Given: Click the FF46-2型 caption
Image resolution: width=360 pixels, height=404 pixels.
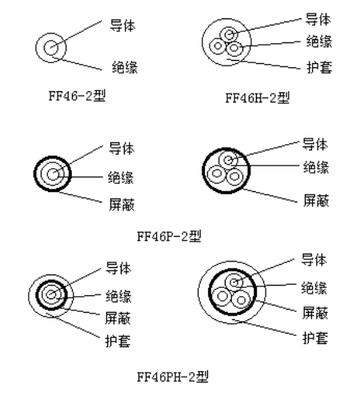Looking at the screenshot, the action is click(x=77, y=95).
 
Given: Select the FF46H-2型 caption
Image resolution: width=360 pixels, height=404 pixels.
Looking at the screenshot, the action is click(x=258, y=98).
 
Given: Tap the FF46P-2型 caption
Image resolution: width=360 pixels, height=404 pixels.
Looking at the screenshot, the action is click(x=169, y=236).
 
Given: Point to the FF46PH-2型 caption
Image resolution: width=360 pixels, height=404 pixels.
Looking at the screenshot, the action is click(x=173, y=377).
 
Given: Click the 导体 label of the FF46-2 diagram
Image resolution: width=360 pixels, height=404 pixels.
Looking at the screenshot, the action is click(x=122, y=26).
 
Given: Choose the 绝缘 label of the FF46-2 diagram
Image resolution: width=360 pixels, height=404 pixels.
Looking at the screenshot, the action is click(x=125, y=67).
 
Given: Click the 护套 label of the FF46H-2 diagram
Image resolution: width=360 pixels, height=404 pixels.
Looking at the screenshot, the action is click(x=319, y=67).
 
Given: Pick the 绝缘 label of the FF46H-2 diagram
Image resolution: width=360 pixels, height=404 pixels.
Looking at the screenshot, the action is click(x=319, y=42).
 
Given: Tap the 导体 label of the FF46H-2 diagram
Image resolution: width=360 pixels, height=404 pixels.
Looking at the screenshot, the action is click(x=318, y=19).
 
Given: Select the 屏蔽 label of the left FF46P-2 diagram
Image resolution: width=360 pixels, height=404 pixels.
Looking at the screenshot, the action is click(x=122, y=205).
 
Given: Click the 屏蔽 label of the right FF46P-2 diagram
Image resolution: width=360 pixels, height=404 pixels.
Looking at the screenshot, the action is click(x=316, y=200).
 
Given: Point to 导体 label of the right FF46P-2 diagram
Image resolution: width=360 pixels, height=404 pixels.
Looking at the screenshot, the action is click(x=315, y=144).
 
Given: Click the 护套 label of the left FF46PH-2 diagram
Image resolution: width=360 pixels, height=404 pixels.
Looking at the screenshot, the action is click(x=118, y=341).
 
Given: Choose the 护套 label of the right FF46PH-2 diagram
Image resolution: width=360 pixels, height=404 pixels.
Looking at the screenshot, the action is click(x=315, y=338).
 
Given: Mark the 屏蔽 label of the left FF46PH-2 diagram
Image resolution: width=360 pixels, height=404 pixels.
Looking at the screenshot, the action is click(x=118, y=318).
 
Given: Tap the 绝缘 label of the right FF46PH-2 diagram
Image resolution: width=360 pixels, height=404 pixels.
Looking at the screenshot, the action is click(x=314, y=288).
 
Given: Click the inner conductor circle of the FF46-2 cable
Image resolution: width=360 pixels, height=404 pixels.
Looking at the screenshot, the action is click(x=44, y=48).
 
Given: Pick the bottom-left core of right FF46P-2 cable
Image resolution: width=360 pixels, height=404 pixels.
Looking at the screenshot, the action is click(x=208, y=174).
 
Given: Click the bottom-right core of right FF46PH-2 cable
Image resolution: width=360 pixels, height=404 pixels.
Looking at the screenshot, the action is click(x=231, y=300).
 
